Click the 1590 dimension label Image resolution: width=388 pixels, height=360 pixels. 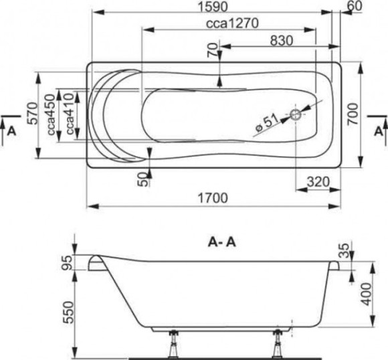pos(213,7)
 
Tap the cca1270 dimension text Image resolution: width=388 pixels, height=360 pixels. pos(232,23)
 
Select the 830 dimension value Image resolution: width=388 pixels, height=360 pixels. pos(282,41)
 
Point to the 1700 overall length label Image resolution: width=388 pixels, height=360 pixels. pos(213,198)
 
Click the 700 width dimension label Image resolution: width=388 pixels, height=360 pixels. pos(353,114)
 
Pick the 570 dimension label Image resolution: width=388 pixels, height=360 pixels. pos(33,114)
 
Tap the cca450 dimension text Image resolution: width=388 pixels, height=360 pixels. pos(52,114)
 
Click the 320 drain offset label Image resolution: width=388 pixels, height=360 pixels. pos(318,182)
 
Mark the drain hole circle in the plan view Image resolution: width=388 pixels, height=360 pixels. pos(296,114)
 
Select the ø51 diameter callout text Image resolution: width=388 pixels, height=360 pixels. pos(267,124)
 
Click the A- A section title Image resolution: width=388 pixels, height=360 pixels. pos(222,243)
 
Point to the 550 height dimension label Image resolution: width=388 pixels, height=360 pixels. pos(68,312)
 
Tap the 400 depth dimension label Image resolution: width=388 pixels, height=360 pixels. pos(366,294)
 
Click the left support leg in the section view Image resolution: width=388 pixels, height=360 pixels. pos(173,345)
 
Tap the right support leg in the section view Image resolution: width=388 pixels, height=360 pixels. pos(278,345)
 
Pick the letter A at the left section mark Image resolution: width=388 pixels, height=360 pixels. pos(11,131)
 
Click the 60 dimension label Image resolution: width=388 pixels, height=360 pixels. pos(355,6)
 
